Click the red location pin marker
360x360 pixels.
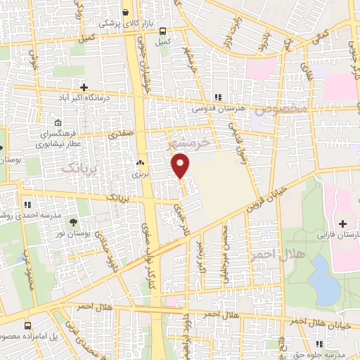181,166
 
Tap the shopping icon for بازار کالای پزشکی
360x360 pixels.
125,13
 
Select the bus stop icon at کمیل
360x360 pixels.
162,31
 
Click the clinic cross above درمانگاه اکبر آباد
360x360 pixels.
84,86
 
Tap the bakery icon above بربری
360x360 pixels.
139,162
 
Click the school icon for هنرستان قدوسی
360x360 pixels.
217,97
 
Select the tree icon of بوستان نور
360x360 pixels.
74,224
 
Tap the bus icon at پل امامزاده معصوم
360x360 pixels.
28,326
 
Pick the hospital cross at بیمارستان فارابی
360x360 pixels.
342,224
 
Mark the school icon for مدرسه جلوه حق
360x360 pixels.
320,344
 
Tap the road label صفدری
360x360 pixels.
120,132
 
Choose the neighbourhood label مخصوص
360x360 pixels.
281,109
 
